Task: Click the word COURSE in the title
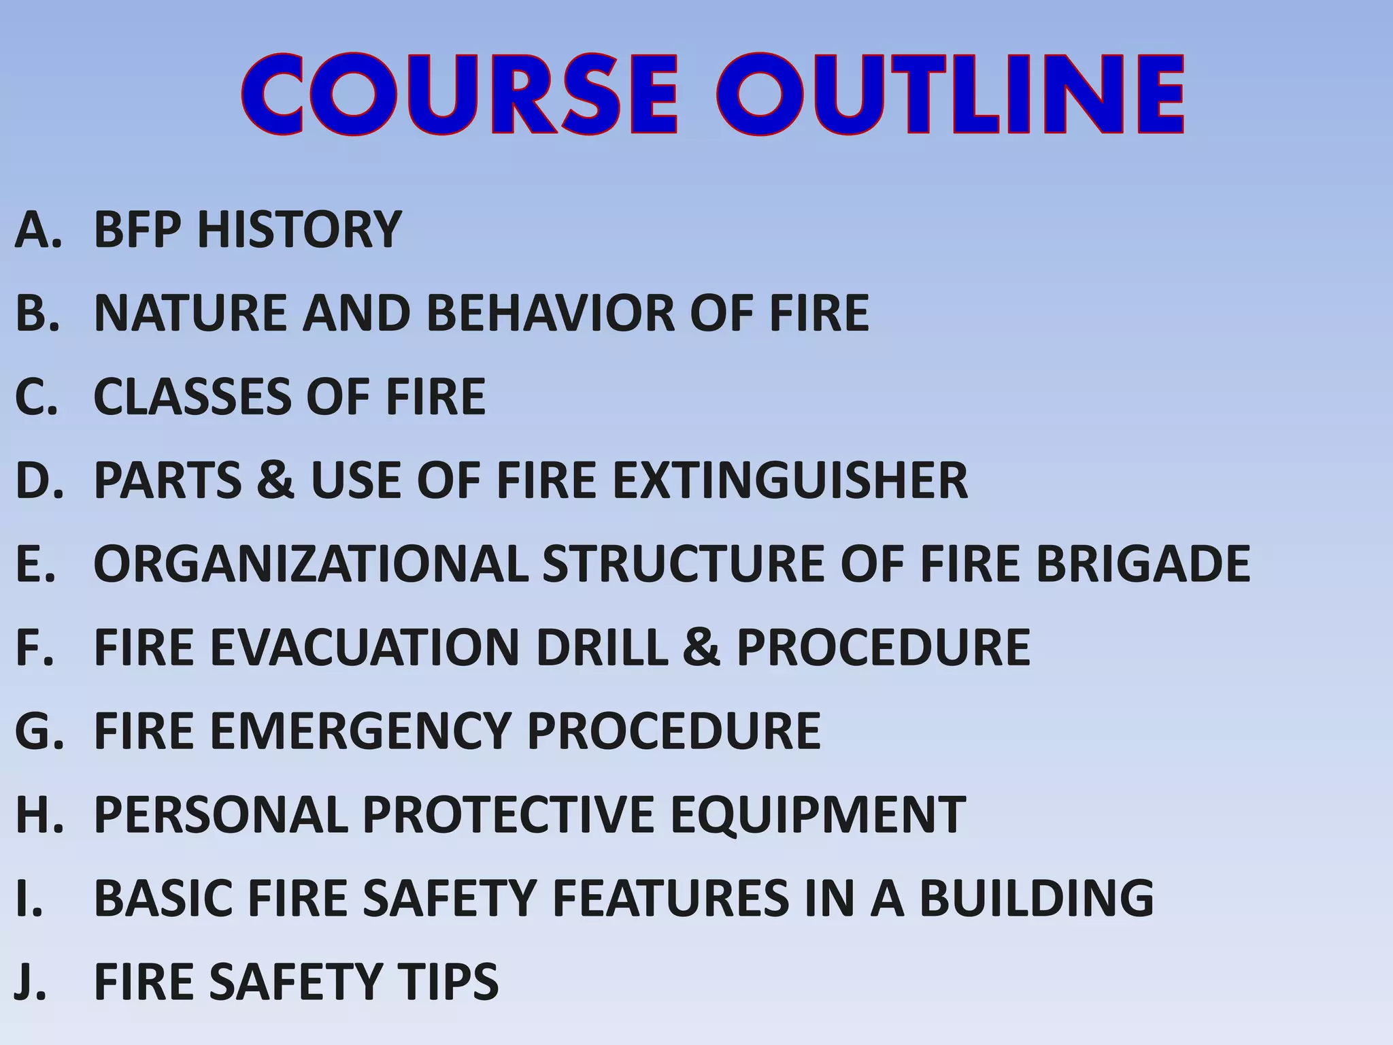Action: point(460,95)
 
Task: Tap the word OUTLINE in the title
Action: point(951,95)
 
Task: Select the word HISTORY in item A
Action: point(299,229)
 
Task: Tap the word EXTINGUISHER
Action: point(790,480)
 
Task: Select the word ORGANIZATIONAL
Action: point(311,564)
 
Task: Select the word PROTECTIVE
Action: point(507,814)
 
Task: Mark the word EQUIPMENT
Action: point(818,814)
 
